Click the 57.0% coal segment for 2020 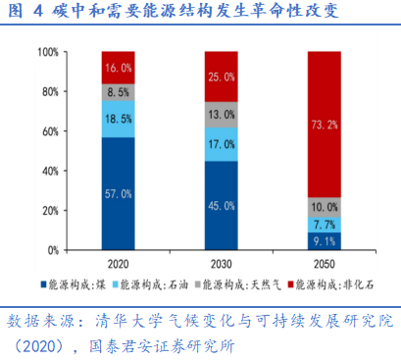[x=118, y=193]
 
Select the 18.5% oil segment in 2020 [x=118, y=118]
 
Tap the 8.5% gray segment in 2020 [x=118, y=91]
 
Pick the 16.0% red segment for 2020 [x=118, y=68]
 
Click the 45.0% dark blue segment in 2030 [x=221, y=205]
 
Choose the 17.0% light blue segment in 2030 [x=221, y=143]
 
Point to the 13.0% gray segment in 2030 [x=221, y=114]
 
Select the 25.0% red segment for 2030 [x=221, y=77]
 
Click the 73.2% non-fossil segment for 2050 [x=323, y=125]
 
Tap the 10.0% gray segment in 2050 [x=323, y=207]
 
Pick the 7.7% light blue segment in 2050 [x=323, y=225]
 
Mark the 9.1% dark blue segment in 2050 [x=323, y=241]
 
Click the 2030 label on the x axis [x=221, y=265]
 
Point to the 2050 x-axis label [x=323, y=265]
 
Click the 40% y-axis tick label [x=47, y=171]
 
